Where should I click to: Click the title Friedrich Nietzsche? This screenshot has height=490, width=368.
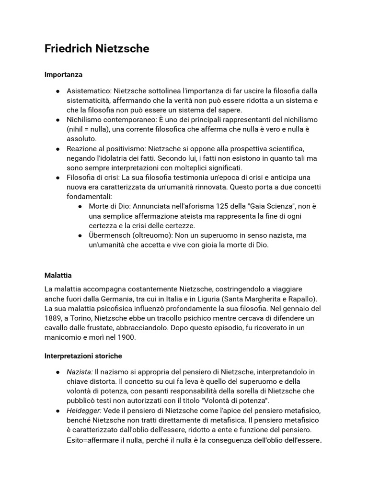tap(97, 49)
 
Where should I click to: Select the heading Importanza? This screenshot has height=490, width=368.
tap(63, 75)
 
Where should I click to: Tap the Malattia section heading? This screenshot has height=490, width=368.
tap(58, 275)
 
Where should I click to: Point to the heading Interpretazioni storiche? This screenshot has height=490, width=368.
tap(83, 356)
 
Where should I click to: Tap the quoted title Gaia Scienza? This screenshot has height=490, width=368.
tap(267, 206)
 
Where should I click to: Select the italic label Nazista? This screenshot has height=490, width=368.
tap(80, 372)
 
